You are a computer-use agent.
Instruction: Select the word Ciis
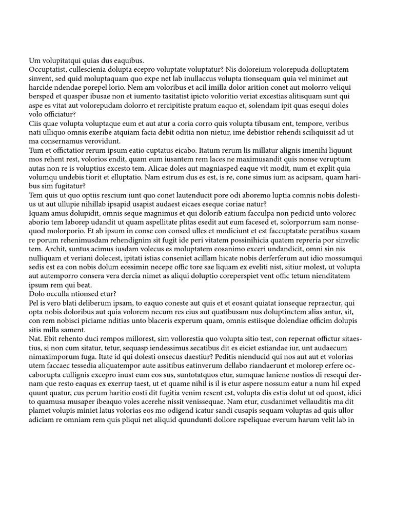point(36,124)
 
